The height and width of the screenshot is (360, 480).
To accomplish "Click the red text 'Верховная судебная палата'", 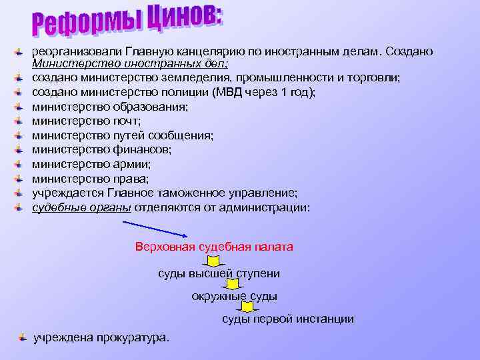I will point(214,247).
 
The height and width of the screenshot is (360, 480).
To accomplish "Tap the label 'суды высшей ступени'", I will point(219,273).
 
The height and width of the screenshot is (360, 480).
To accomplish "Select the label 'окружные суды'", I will point(234,296).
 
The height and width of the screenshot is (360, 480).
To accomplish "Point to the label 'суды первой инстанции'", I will point(288,319).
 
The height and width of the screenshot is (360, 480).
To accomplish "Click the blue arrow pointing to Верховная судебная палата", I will point(157,228).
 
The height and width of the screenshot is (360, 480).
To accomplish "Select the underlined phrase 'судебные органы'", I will point(82,207).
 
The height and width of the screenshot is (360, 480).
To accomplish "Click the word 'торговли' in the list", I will point(377,78).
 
